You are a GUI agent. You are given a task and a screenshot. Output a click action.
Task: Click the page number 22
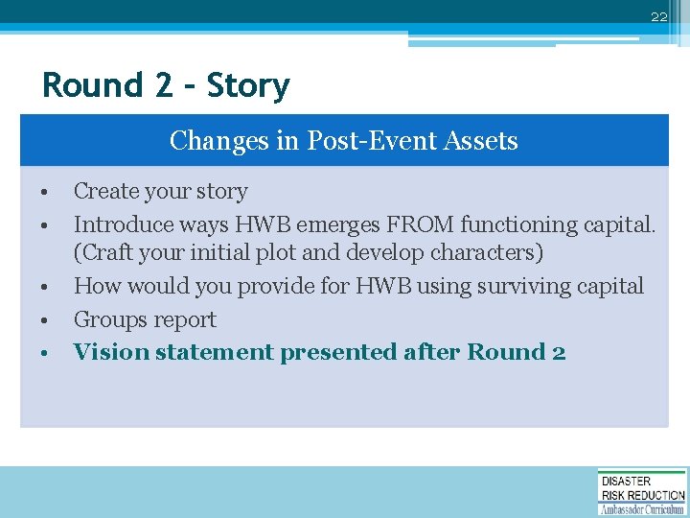658,17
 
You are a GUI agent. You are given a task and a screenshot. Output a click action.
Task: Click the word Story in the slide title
248,85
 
